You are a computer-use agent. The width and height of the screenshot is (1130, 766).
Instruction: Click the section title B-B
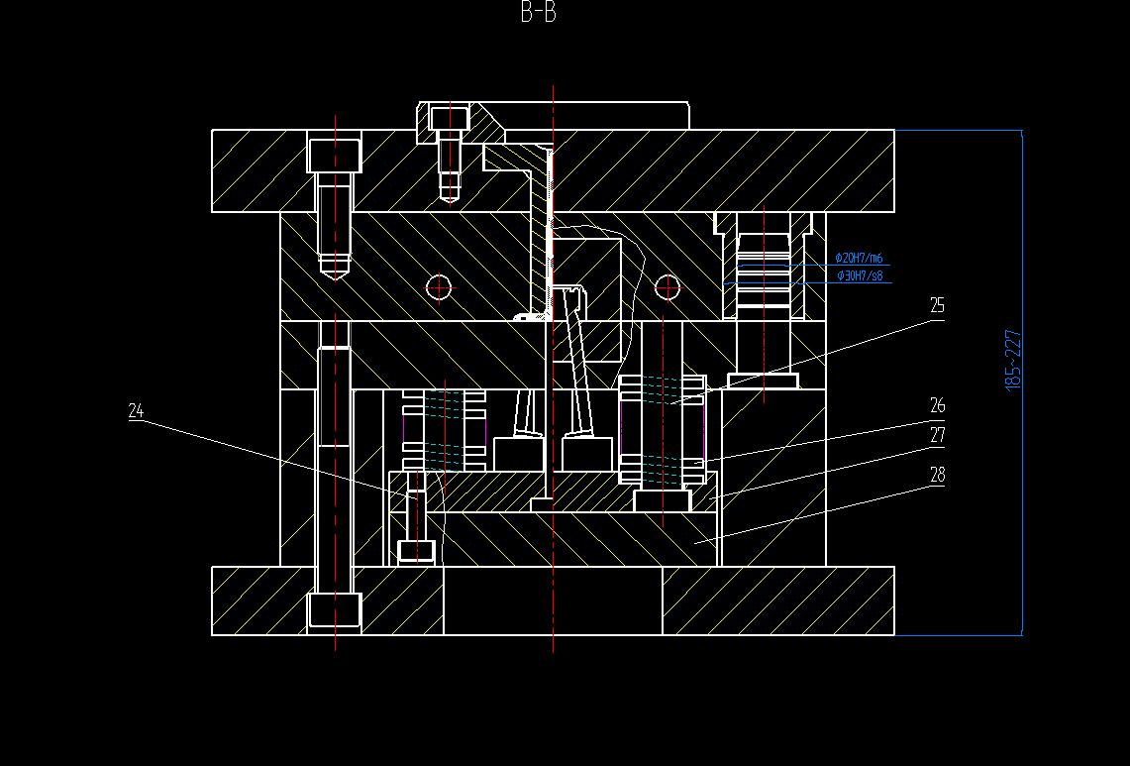tap(538, 13)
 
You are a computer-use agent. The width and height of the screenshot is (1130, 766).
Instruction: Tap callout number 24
tap(136, 410)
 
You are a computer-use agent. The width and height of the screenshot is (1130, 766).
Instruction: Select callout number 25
tap(937, 306)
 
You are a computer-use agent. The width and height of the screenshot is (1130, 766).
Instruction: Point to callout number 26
tap(937, 405)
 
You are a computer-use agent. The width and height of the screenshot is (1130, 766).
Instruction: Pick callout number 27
tap(937, 435)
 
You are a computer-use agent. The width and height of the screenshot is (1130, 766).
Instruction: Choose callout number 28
tap(937, 475)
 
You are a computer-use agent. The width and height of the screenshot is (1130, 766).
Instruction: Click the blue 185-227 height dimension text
tap(1013, 360)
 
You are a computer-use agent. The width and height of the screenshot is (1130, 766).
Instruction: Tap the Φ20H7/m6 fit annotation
tap(859, 259)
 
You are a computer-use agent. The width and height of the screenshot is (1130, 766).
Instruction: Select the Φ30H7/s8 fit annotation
tap(860, 275)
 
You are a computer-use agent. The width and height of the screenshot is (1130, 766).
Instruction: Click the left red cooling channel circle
tap(439, 287)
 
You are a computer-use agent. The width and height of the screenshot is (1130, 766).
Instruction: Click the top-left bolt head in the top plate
tap(335, 156)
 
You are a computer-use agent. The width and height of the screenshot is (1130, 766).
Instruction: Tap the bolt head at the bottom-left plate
tap(335, 608)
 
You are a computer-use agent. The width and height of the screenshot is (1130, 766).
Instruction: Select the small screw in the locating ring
tap(449, 119)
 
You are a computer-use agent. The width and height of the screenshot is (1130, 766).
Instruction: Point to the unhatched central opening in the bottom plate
tap(553, 601)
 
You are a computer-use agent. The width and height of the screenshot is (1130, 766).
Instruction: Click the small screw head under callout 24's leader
tap(416, 550)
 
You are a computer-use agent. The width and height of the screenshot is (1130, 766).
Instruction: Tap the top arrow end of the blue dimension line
tap(1021, 132)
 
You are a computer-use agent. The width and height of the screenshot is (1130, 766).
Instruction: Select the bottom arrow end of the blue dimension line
tap(1021, 633)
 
